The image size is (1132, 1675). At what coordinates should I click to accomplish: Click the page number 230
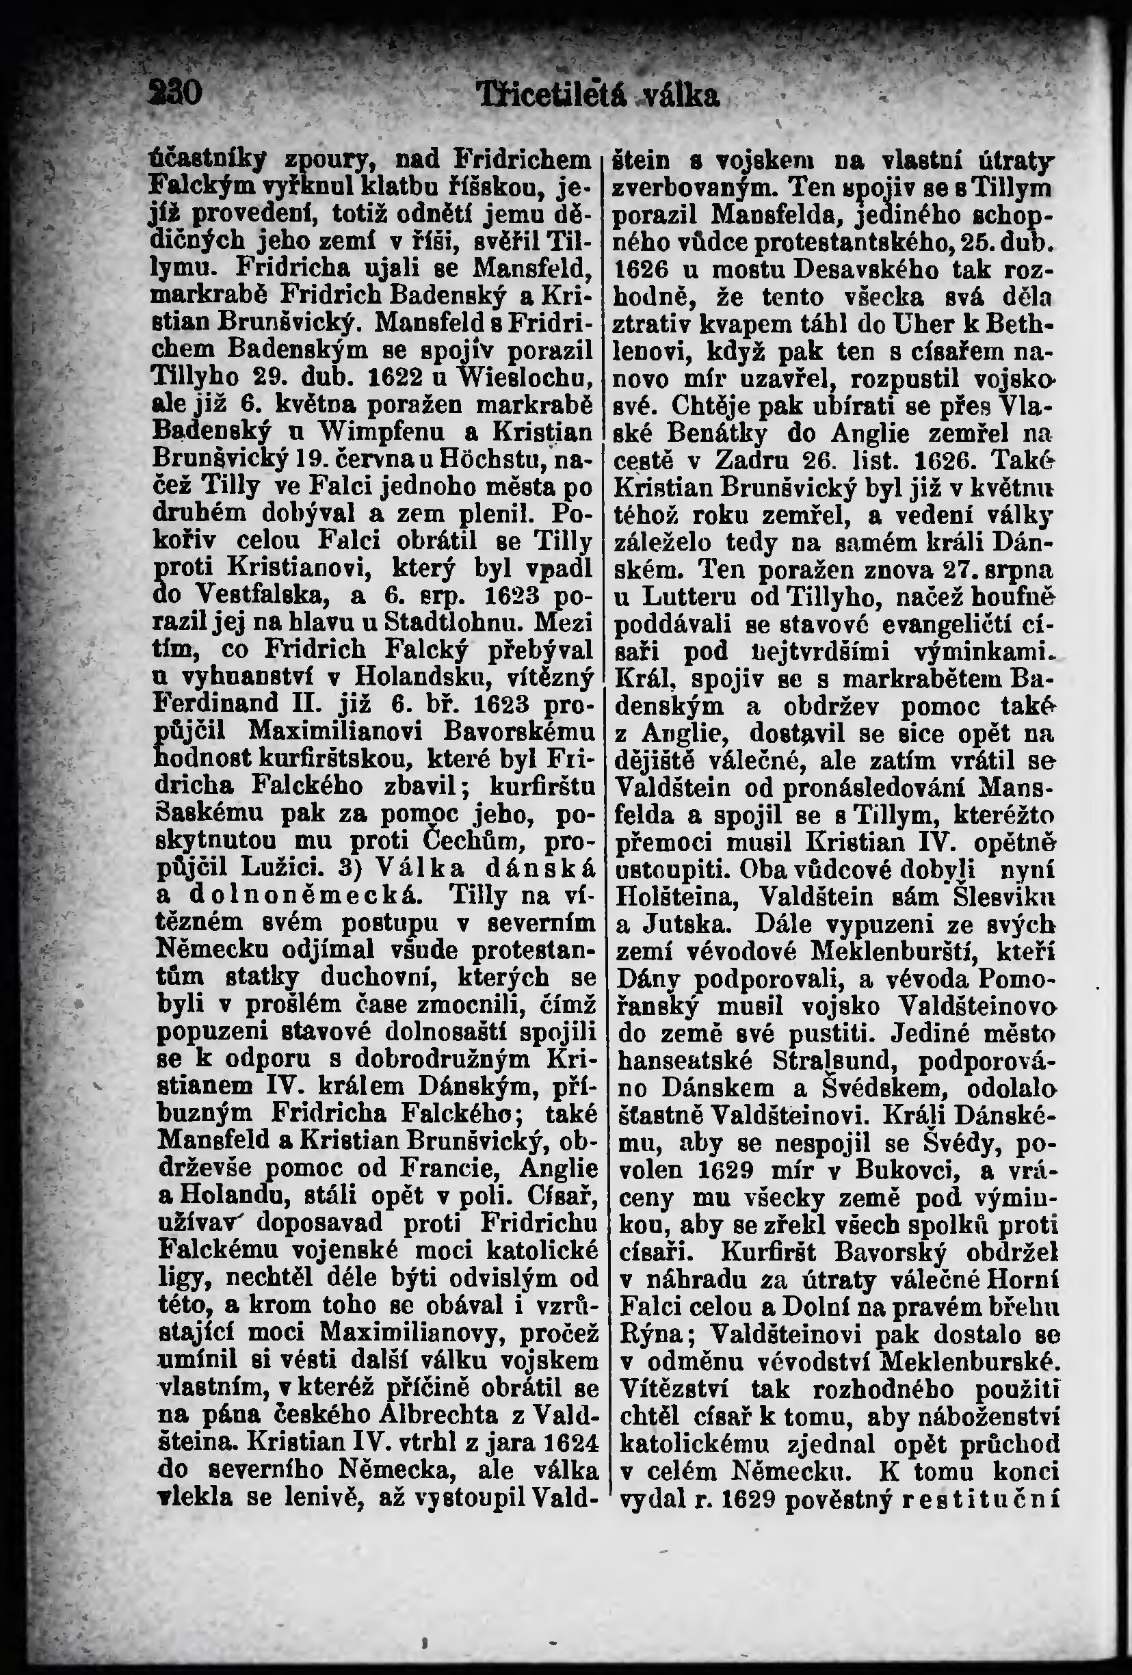coord(177,94)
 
